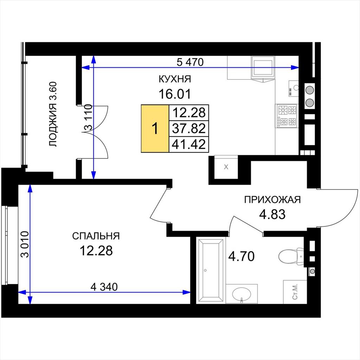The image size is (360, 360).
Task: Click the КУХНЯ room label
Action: coord(175,79)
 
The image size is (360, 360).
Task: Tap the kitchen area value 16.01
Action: coord(175,94)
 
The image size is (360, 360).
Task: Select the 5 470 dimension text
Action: coord(190,62)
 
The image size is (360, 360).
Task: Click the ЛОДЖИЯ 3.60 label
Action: coord(53,114)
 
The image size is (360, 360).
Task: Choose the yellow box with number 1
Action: coord(155,128)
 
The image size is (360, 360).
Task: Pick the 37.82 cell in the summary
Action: coord(189,128)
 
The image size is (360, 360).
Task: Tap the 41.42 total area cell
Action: coord(189,144)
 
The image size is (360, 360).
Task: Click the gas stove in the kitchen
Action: coord(287,116)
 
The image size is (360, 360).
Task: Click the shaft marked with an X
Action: coord(226,167)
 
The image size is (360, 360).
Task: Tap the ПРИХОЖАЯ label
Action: coord(272,200)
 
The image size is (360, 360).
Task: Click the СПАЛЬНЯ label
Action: coord(96,236)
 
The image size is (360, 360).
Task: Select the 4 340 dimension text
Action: coord(104,287)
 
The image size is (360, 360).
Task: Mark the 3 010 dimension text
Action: coord(25,244)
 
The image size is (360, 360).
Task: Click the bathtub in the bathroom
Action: coord(211,270)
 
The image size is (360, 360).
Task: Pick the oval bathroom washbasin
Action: coord(242,294)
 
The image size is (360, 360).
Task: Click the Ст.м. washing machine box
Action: coord(295,291)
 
